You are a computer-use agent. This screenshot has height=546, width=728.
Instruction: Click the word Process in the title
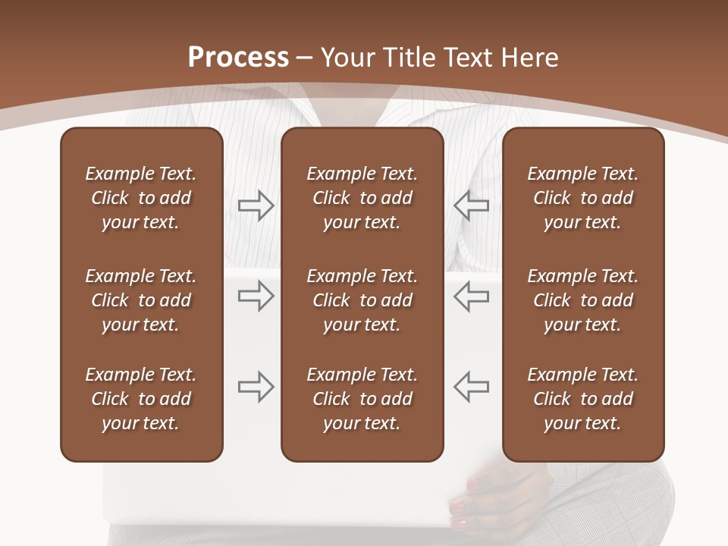(238, 58)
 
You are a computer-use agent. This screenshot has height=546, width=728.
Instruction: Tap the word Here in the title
(528, 58)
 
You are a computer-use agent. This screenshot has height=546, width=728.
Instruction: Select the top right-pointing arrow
(256, 206)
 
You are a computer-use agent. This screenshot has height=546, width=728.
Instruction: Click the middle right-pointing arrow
(256, 297)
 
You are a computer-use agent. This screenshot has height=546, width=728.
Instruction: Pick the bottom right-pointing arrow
(256, 387)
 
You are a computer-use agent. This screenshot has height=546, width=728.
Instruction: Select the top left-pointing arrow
(471, 206)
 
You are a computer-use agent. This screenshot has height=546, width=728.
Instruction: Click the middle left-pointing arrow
(471, 297)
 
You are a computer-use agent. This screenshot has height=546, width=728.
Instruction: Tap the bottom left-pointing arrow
(471, 387)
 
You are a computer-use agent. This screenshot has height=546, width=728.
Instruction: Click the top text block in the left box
(141, 198)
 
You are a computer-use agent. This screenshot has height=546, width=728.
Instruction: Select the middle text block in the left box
(141, 300)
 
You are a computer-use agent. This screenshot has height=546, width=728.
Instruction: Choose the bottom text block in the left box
(141, 399)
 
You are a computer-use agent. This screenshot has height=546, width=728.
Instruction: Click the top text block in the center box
(362, 198)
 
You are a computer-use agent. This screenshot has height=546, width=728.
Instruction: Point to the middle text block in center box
(362, 300)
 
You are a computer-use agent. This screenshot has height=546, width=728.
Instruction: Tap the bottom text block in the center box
(362, 399)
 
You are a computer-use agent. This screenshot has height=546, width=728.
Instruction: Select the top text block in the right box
(582, 198)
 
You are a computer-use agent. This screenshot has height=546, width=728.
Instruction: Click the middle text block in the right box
(582, 300)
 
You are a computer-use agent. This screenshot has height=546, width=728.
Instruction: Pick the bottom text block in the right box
(582, 399)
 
